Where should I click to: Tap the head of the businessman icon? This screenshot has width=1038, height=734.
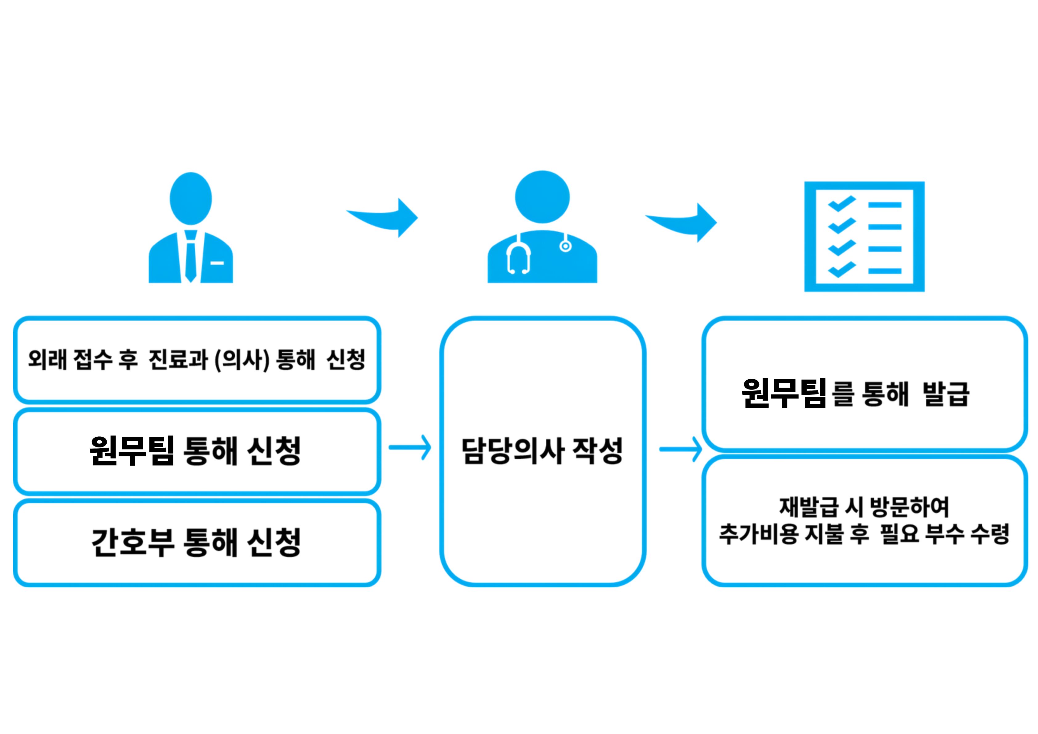click(x=191, y=198)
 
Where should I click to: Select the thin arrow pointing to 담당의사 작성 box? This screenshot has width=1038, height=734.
click(x=409, y=448)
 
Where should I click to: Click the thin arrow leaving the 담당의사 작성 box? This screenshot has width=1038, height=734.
click(x=680, y=449)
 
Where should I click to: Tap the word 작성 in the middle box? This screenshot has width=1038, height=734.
click(x=598, y=451)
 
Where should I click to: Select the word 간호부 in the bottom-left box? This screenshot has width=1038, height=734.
click(x=132, y=541)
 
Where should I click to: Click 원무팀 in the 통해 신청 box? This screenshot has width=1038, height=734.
click(x=132, y=451)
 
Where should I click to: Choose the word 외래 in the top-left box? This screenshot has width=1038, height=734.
click(x=47, y=360)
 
